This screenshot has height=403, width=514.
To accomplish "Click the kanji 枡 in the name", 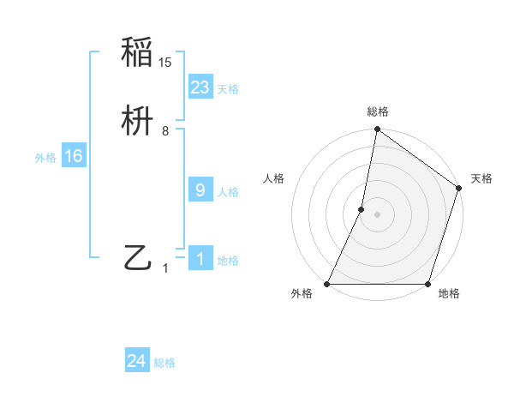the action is click(x=137, y=122).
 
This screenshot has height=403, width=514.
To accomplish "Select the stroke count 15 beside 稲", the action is click(x=165, y=62).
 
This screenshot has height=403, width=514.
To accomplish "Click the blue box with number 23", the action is click(x=200, y=87).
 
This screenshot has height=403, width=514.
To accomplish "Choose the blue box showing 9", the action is click(x=200, y=190).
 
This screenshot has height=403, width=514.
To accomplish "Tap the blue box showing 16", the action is click(x=74, y=156).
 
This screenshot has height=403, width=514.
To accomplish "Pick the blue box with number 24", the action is click(x=137, y=362).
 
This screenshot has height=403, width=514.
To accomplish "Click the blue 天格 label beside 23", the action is click(x=228, y=89).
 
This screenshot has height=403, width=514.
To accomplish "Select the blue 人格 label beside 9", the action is click(x=228, y=192).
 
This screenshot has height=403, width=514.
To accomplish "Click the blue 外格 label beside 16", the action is click(x=45, y=158).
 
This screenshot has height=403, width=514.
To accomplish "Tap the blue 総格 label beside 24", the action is click(x=164, y=364).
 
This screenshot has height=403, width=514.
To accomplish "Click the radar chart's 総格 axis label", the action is click(x=377, y=111).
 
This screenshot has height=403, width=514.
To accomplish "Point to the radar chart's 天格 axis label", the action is click(x=481, y=178).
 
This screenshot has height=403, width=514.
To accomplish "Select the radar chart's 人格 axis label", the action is click(x=274, y=178).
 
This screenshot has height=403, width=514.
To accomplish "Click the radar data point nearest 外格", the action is click(x=327, y=284).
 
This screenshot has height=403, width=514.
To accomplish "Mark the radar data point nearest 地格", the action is click(x=427, y=284).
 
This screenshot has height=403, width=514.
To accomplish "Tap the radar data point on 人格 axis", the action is click(x=362, y=208).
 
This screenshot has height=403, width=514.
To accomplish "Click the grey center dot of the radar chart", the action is click(x=377, y=214).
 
